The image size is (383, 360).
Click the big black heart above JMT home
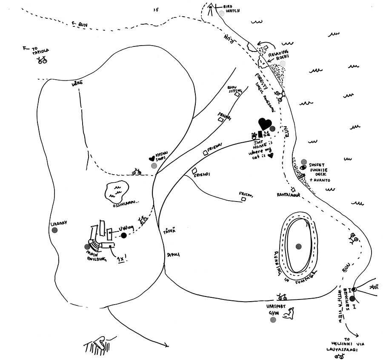tap(264, 124)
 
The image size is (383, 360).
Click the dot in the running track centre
tap(298, 246)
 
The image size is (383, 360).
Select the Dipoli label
tap(173, 254)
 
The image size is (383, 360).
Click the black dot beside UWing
tap(124, 235)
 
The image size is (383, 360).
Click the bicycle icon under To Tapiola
tap(42, 60)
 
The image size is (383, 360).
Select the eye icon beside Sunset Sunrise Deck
tap(303, 167)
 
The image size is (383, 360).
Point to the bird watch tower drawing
tap(210, 9)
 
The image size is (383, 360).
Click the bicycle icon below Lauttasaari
tap(339, 355)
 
